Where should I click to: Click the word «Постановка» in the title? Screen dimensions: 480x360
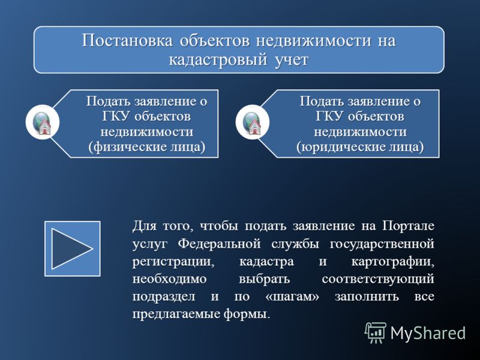(127, 41)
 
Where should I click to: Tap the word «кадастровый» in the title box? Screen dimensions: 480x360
(218, 59)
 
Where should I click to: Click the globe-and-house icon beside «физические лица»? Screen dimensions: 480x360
(43, 122)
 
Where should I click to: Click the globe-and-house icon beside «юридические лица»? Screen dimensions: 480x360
(253, 122)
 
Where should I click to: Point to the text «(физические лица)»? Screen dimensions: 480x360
(147, 147)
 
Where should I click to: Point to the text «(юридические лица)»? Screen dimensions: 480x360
(360, 147)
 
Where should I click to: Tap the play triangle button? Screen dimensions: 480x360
(73, 248)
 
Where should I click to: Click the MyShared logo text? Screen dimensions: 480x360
(428, 333)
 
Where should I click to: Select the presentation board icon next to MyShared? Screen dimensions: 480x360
(376, 333)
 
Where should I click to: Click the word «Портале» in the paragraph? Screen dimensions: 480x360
(408, 226)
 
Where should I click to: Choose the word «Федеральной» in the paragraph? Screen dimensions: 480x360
(220, 244)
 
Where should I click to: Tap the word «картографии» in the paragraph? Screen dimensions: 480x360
(392, 262)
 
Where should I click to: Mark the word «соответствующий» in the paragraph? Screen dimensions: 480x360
(378, 280)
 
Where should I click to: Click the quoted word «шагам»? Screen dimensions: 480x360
(292, 297)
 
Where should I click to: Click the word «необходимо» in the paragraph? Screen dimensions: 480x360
(170, 279)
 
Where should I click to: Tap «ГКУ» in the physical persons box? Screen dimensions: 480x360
(116, 116)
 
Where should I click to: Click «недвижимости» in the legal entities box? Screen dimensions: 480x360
(361, 132)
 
